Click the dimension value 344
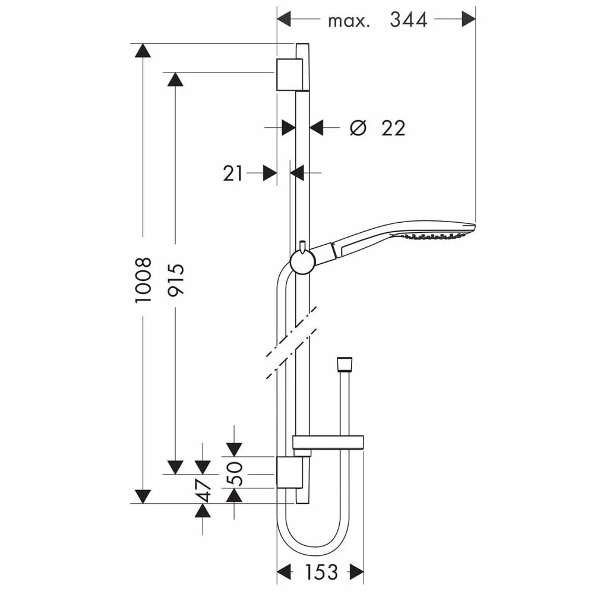409,20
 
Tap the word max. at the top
348,21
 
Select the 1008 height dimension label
144,280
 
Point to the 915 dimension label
176,280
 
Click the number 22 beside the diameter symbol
393,128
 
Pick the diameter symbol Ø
358,128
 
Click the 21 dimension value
233,174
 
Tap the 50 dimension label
235,473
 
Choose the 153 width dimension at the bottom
321,571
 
